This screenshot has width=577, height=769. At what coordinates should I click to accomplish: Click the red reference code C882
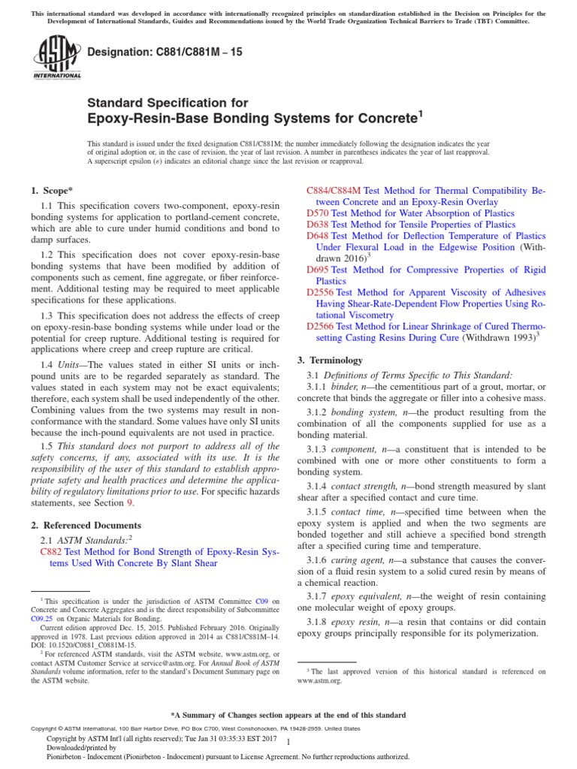(x=50, y=551)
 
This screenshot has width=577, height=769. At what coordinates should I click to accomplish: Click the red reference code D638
(x=318, y=225)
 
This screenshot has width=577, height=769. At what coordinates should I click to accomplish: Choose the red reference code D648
(x=318, y=236)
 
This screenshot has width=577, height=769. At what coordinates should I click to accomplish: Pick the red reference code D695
(x=318, y=269)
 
